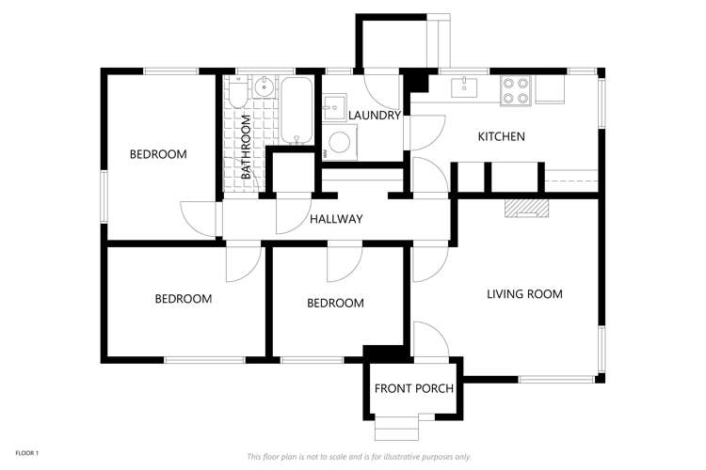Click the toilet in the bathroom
click(x=236, y=91)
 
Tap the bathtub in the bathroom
click(x=297, y=112)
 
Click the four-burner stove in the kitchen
click(x=515, y=89)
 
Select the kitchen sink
click(x=464, y=87)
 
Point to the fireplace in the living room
click(x=525, y=208)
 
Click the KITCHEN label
click(x=501, y=137)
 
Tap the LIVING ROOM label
click(x=524, y=294)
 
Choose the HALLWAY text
click(x=336, y=219)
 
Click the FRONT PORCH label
click(x=414, y=388)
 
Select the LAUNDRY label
click(x=375, y=116)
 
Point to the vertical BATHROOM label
click(x=246, y=147)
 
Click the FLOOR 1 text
click(x=27, y=453)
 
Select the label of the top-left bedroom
click(x=158, y=154)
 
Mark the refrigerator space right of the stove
click(x=550, y=88)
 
